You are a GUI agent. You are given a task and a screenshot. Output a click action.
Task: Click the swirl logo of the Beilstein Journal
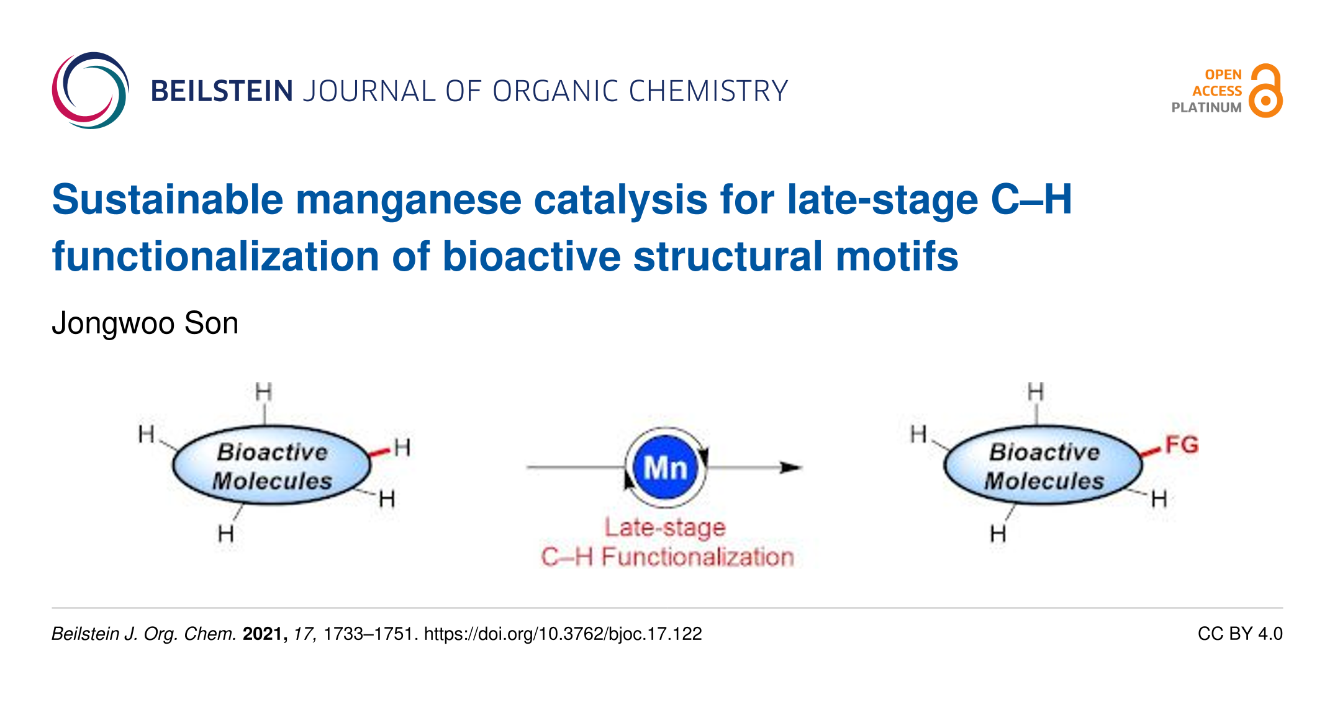click(91, 91)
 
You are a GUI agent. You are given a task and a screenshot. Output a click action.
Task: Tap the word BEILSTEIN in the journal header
click(222, 91)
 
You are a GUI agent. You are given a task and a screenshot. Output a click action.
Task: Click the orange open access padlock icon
click(1265, 91)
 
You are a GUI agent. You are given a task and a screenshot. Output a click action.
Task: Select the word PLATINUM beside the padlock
click(1206, 107)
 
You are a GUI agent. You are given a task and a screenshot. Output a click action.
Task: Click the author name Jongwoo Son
click(145, 323)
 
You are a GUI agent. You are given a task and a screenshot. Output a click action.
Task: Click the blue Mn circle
click(666, 467)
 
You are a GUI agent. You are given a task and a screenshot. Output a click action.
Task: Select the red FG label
click(1181, 445)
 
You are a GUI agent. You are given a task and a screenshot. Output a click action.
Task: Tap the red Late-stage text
click(665, 528)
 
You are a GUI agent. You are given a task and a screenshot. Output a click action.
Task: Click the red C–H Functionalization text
click(667, 557)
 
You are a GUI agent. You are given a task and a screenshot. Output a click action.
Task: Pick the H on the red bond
click(402, 447)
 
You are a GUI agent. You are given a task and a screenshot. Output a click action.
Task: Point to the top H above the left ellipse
click(264, 392)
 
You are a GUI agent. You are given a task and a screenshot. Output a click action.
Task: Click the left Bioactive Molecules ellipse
click(272, 466)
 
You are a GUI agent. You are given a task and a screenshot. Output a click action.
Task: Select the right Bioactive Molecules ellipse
click(1044, 466)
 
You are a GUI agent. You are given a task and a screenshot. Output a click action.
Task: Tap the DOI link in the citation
click(563, 634)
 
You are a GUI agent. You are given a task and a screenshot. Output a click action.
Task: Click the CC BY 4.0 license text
click(1239, 634)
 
